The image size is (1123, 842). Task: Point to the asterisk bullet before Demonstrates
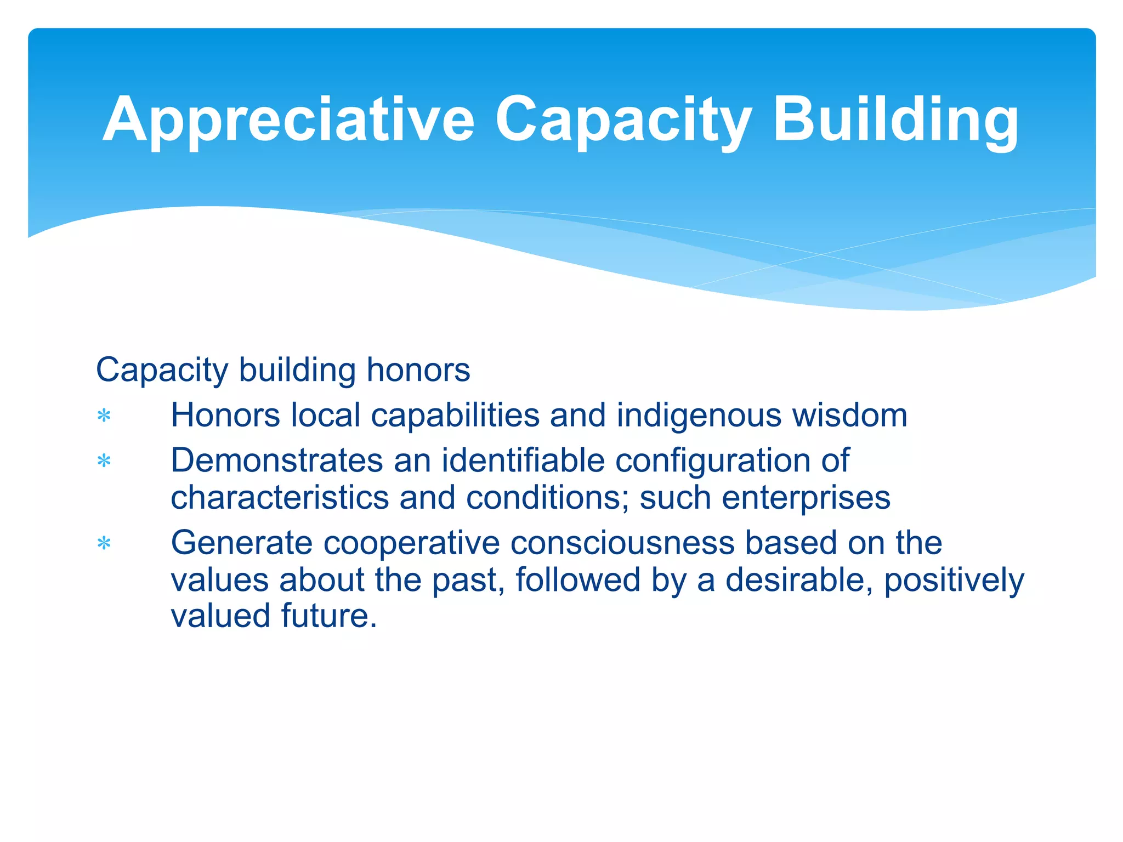104,462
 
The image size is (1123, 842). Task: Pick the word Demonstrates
276,460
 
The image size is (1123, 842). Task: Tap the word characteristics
280,498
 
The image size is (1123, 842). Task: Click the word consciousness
622,543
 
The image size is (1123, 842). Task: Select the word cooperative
411,543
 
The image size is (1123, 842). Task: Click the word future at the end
329,616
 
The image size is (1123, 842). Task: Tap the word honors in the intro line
418,370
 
